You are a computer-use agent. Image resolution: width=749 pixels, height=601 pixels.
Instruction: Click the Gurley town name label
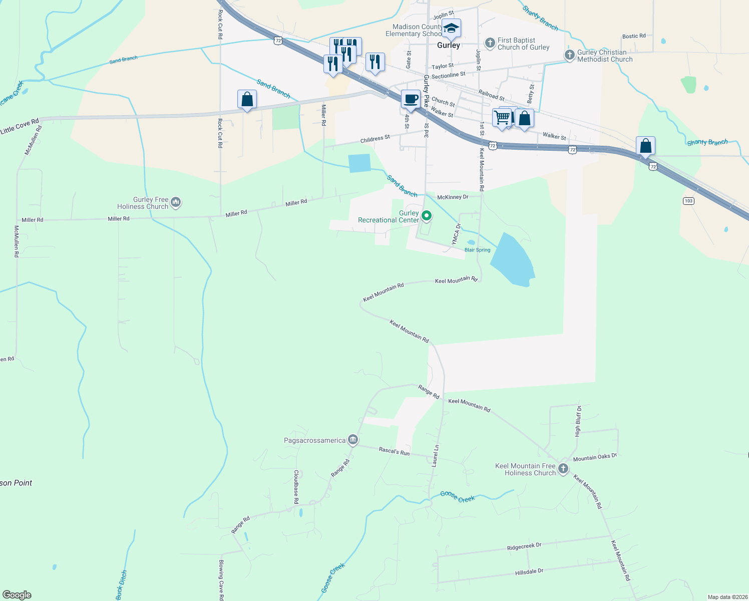[x=448, y=45]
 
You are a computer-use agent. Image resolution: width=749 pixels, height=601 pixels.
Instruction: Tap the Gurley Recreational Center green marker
[x=427, y=216]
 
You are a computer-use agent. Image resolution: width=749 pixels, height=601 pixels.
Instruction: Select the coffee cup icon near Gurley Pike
[x=411, y=99]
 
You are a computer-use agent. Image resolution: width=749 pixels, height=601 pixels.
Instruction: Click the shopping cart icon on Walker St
[x=502, y=118]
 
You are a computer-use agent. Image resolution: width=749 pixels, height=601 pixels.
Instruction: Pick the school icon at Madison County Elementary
[x=451, y=28]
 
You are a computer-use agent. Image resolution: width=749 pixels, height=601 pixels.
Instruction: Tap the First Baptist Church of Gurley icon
[x=490, y=43]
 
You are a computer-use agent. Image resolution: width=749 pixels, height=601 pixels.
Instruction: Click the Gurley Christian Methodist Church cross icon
[x=569, y=55]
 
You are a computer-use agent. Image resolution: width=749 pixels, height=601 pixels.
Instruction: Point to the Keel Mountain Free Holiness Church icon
[x=563, y=469]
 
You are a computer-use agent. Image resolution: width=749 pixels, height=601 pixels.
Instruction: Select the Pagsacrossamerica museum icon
[x=353, y=440]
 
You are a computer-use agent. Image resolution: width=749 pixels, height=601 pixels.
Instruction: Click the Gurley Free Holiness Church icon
[x=175, y=202]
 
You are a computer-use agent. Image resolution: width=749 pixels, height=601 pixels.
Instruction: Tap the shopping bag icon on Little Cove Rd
[x=247, y=99]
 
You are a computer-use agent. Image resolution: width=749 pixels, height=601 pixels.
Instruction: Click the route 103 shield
[x=688, y=201]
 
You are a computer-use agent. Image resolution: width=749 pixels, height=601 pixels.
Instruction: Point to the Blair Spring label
[x=477, y=250]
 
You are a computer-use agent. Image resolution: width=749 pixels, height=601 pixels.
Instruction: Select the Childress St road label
[x=375, y=139]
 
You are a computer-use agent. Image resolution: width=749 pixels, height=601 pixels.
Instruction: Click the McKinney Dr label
[x=453, y=197]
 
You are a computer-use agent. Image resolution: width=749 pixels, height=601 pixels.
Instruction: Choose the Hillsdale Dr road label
[x=529, y=571]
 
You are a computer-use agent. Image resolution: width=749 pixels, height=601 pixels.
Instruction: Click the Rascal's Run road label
[x=394, y=452]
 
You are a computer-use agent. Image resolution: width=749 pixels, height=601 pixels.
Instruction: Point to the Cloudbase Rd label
[x=296, y=487]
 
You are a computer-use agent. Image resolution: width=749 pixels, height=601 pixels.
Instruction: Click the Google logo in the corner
[x=17, y=595]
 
